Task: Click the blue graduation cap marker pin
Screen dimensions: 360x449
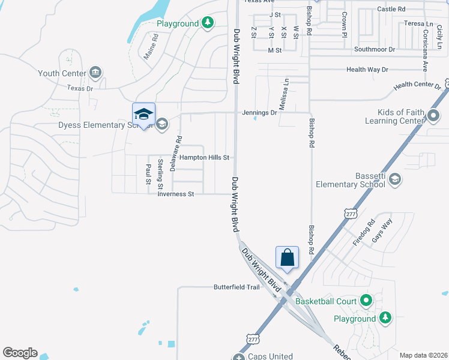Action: coord(143,114)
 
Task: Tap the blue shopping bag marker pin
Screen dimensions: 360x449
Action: coord(288,257)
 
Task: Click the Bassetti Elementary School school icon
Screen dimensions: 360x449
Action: coord(394,179)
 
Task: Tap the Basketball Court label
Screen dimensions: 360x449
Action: coord(326,300)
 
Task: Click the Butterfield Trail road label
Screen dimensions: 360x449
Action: coord(237,287)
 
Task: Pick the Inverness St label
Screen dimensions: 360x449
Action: coord(176,194)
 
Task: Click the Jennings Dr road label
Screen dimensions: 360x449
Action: coord(259,112)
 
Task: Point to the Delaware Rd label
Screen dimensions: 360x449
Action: coord(175,154)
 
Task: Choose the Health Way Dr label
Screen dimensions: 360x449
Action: coord(367,70)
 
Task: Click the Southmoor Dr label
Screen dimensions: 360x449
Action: coord(375,49)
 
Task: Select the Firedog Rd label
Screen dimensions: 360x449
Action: coord(364,232)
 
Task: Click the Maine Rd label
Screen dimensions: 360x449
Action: coord(151,46)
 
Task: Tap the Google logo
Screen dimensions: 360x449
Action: coord(20,353)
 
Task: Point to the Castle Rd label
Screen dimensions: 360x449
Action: coord(391,9)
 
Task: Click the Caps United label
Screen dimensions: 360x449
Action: coord(271,356)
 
